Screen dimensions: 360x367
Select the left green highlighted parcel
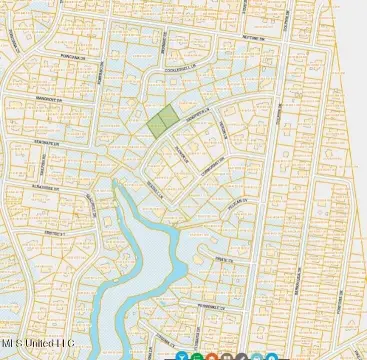coord(155,125)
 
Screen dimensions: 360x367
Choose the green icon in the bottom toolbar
coord(197,356)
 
